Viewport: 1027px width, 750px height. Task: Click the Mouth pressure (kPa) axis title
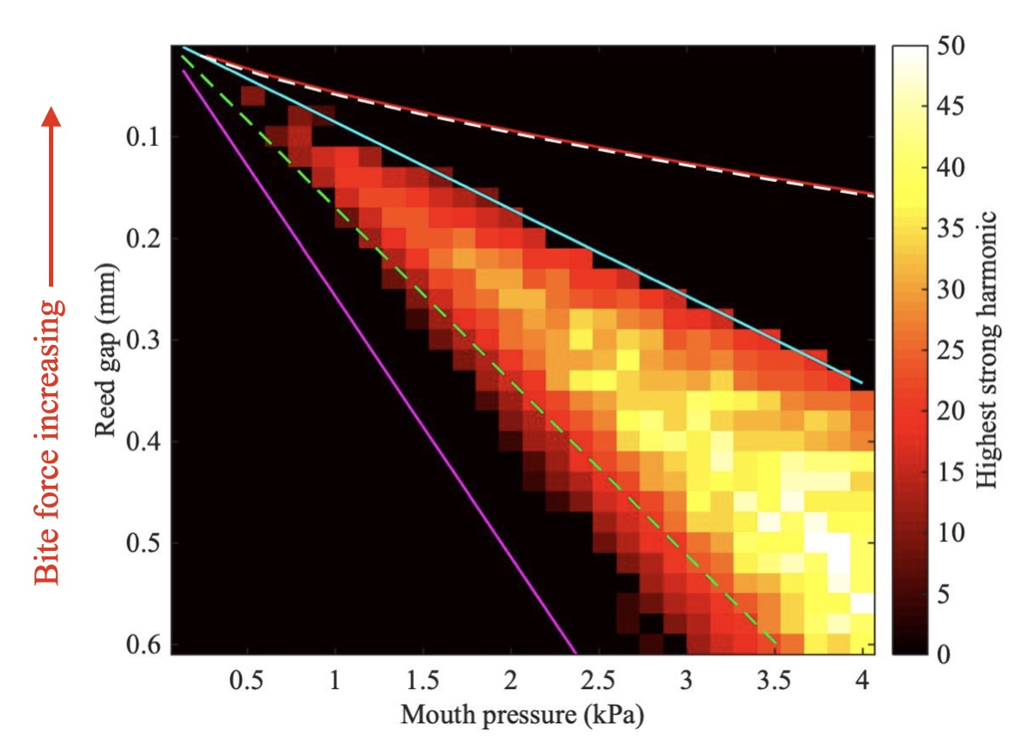pyautogui.click(x=522, y=716)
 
